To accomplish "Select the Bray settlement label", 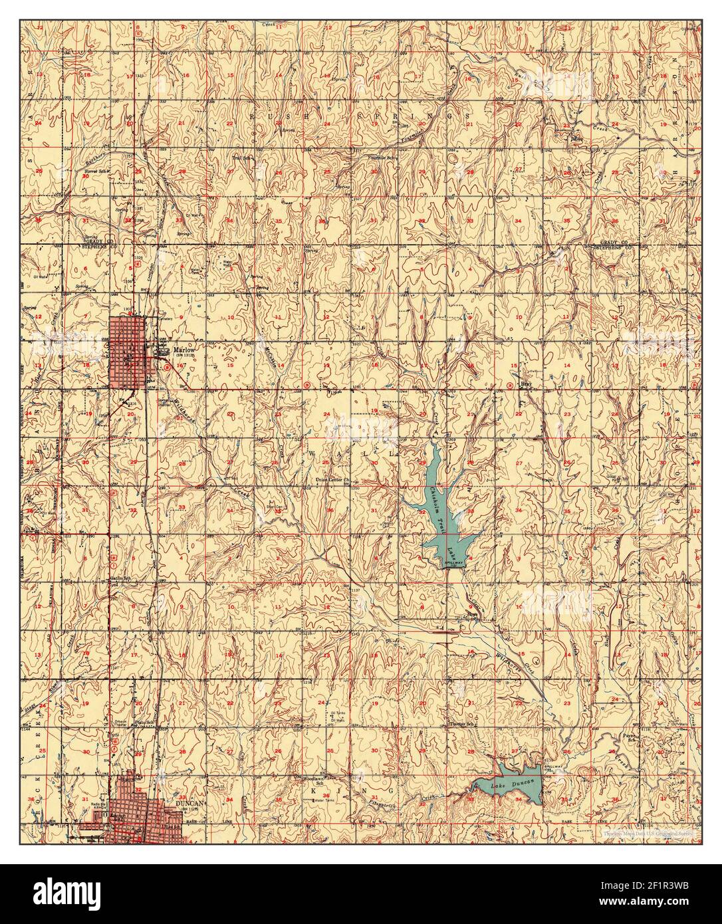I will point(526,384).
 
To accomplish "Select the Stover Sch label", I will point(96,170).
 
